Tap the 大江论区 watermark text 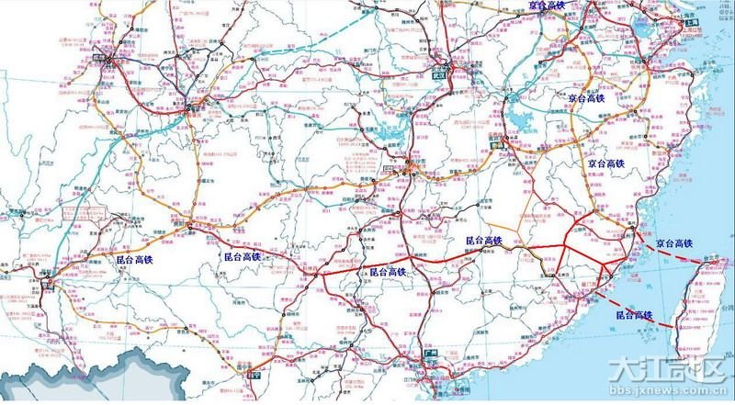tap(671, 374)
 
